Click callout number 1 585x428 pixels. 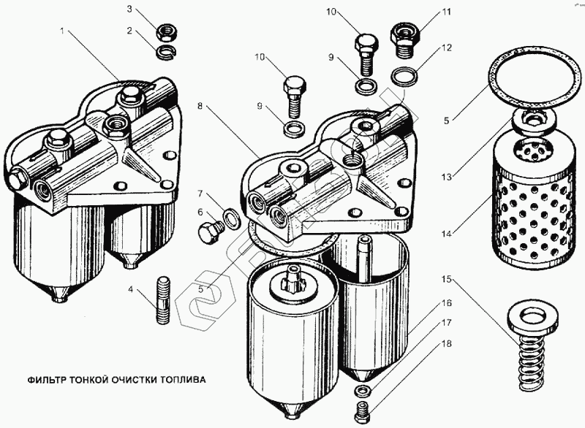point(64,33)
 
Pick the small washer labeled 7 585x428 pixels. point(230,218)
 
